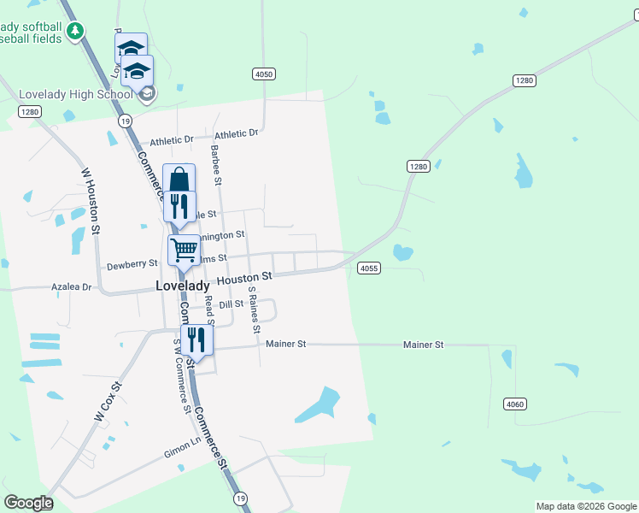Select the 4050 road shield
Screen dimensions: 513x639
[x=264, y=74]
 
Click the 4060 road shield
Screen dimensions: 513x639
[x=514, y=404]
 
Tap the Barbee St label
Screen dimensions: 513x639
[x=217, y=166]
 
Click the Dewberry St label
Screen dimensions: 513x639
[x=132, y=265]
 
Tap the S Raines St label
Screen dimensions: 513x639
[x=254, y=310]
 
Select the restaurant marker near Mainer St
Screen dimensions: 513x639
[x=196, y=340]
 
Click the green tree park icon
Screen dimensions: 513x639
[x=76, y=32]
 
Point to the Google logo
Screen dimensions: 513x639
[x=28, y=503]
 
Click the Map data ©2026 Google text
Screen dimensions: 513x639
[x=586, y=506]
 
